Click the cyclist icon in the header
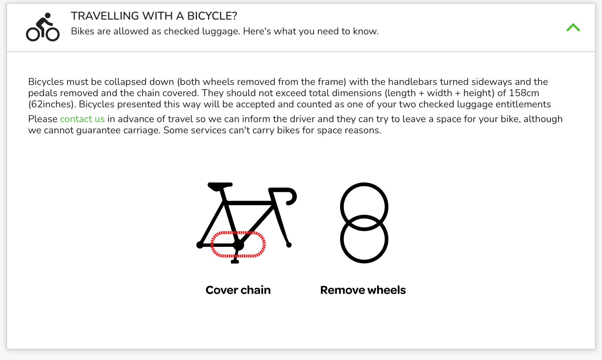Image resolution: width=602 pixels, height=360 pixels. click(x=43, y=27)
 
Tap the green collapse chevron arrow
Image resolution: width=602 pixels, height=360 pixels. click(x=573, y=27)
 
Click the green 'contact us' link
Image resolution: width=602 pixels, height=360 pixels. click(x=82, y=119)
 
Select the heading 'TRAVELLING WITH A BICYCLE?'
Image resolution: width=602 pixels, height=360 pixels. click(x=154, y=16)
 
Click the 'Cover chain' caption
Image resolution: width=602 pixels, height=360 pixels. click(x=238, y=290)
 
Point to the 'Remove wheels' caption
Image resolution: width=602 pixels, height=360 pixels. click(x=363, y=290)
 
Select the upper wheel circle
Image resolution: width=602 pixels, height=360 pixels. click(x=364, y=184)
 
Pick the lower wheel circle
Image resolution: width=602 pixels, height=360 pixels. click(x=364, y=262)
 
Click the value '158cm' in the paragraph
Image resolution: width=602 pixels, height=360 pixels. click(x=524, y=93)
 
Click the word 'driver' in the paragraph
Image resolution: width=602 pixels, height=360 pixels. click(x=303, y=119)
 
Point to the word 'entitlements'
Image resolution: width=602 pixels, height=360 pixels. click(x=523, y=104)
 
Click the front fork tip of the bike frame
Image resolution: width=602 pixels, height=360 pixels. click(x=289, y=245)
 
